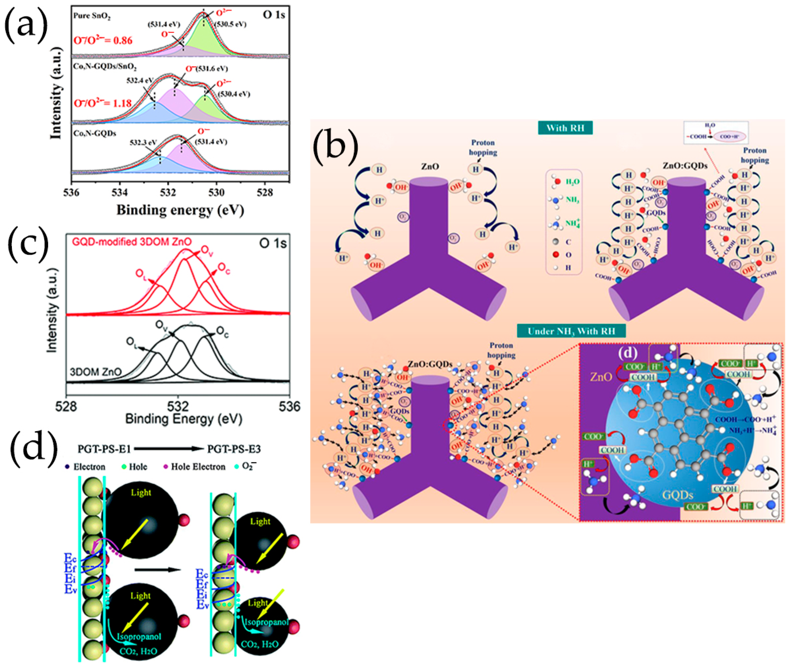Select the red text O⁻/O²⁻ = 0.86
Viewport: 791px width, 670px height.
[103, 40]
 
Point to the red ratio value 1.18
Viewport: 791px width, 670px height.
[121, 103]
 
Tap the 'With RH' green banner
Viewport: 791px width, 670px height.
[565, 128]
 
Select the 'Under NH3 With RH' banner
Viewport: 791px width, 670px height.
[571, 331]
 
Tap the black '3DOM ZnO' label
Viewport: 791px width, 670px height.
[96, 372]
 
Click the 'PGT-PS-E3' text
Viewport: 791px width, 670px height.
[234, 449]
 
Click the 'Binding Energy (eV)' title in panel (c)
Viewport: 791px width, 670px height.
[184, 419]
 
